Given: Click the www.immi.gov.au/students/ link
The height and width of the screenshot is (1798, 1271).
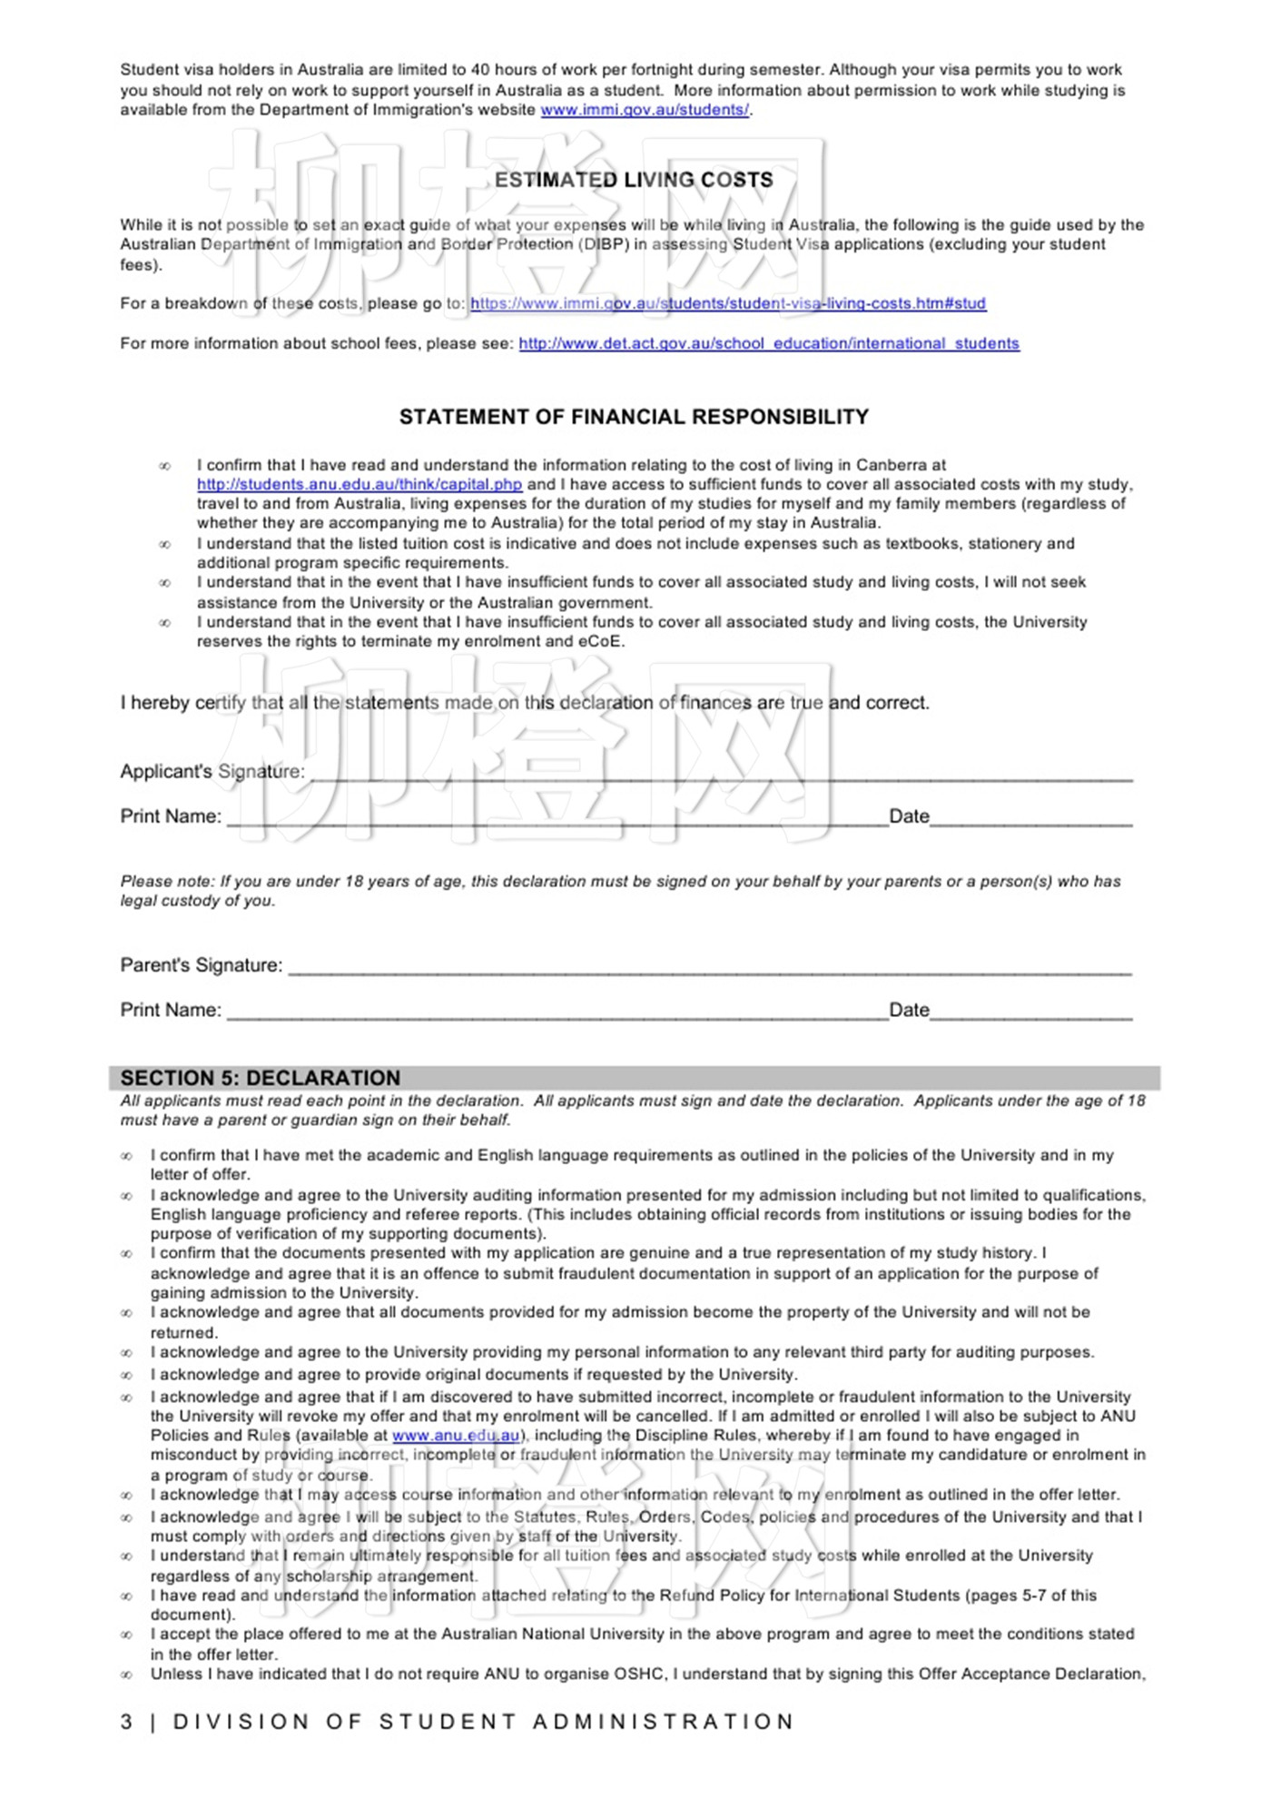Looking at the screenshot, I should pyautogui.click(x=645, y=110).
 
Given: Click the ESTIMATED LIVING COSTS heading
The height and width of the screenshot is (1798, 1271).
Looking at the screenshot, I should pyautogui.click(x=634, y=180).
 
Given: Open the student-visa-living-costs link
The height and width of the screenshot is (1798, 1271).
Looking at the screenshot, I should pyautogui.click(x=727, y=303).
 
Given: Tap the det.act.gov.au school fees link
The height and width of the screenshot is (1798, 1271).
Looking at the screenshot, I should pyautogui.click(x=769, y=343).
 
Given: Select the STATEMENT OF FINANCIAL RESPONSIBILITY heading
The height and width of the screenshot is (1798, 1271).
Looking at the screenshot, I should pyautogui.click(x=634, y=417).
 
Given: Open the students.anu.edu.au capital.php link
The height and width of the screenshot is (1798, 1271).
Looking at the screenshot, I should pyautogui.click(x=360, y=484).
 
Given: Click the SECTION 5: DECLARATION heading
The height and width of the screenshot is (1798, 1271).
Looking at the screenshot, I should pyautogui.click(x=261, y=1078).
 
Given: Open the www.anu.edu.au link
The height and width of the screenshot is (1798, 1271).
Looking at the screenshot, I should pyautogui.click(x=456, y=1436).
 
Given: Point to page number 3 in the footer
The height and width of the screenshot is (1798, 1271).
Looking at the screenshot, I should pyautogui.click(x=126, y=1722).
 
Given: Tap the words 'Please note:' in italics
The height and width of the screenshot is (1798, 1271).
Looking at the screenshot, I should pyautogui.click(x=168, y=881).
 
